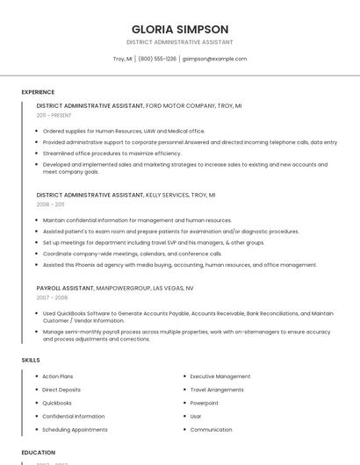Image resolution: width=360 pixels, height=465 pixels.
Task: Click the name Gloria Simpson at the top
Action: tap(180, 29)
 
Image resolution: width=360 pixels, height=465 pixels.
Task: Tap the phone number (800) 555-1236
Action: tap(157, 59)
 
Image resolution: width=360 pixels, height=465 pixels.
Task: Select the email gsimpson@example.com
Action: tap(214, 59)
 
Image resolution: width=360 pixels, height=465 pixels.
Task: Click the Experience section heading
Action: tap(38, 91)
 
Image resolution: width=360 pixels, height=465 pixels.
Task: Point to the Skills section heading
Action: tap(31, 360)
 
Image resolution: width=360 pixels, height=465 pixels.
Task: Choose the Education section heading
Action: tap(39, 452)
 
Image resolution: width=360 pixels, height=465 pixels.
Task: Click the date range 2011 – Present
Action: tap(54, 115)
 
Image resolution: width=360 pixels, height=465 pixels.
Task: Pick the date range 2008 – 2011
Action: tap(50, 204)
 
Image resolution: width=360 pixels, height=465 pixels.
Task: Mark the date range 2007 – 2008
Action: tap(52, 297)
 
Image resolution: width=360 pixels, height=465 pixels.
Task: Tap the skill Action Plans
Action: tap(58, 376)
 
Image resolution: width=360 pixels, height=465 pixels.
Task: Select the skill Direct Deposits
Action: tap(61, 390)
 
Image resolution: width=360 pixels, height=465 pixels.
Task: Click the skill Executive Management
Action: tap(220, 376)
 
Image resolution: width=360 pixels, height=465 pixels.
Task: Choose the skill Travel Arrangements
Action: tap(217, 390)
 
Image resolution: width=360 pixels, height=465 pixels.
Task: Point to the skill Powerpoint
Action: tap(205, 403)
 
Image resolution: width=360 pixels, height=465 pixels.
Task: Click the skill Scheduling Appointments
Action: tap(75, 430)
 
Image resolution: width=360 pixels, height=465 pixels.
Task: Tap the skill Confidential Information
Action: tap(73, 416)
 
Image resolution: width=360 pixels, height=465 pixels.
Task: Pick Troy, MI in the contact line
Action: tap(123, 59)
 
